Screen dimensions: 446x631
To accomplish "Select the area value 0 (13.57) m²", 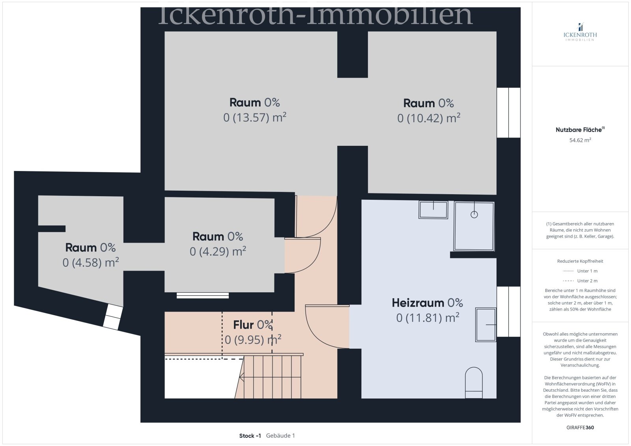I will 254,117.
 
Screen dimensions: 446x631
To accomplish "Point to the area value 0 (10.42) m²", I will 429,118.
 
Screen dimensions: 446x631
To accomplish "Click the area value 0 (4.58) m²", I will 91,262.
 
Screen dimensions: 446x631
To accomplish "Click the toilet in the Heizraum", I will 474,382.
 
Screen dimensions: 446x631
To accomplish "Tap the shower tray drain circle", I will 474,214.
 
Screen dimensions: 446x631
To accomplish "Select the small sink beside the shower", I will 433,210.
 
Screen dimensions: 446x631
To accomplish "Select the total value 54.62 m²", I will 580,140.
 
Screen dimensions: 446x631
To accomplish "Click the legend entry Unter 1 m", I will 580,271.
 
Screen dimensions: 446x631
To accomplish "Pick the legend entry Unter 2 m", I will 580,281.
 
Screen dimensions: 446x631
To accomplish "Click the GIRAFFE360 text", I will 580,427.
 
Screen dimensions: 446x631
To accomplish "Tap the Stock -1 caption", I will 250,436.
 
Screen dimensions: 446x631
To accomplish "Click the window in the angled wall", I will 112,317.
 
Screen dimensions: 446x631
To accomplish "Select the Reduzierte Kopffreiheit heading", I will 580,261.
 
